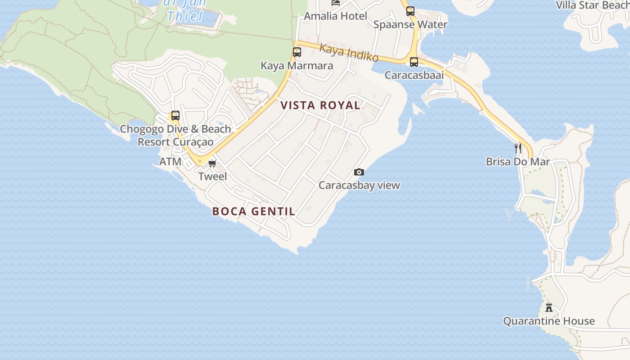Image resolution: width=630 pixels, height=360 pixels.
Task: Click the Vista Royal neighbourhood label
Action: tap(320, 105)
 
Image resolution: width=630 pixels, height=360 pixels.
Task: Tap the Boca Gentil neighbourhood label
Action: tap(254, 211)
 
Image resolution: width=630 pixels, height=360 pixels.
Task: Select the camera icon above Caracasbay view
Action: tap(359, 172)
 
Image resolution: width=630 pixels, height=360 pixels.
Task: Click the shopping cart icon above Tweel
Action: tap(212, 163)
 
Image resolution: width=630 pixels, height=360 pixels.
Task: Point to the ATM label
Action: tap(171, 161)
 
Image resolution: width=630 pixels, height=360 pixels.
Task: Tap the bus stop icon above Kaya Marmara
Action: tap(297, 52)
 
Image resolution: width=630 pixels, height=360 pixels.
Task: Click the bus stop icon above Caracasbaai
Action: tap(414, 62)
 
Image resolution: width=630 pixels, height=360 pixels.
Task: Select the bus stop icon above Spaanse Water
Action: tap(410, 11)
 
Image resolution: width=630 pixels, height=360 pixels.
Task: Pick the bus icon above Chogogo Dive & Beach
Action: tap(175, 116)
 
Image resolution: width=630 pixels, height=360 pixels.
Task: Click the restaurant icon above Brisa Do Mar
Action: tap(518, 148)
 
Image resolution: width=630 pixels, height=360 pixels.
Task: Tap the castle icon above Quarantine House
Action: tap(549, 308)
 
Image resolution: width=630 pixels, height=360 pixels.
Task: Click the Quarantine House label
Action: tap(549, 321)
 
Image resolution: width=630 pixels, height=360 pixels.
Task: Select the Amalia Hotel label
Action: tap(336, 16)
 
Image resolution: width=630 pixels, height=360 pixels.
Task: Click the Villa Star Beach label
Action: tap(592, 5)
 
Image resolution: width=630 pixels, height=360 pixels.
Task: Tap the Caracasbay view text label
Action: tap(359, 185)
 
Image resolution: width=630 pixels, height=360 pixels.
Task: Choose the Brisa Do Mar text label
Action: tap(518, 161)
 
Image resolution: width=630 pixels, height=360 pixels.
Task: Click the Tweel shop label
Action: tap(213, 176)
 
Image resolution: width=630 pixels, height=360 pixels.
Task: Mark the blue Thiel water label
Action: tap(185, 17)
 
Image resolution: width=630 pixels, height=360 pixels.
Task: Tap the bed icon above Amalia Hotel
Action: tap(336, 2)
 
